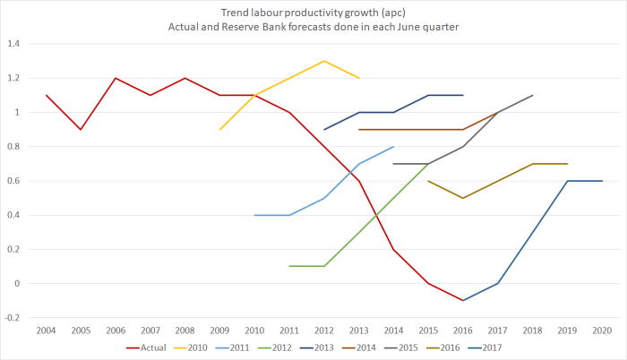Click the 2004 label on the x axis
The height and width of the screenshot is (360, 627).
[46, 330]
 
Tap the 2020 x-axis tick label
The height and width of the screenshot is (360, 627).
[603, 330]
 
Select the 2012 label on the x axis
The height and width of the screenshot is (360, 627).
[324, 330]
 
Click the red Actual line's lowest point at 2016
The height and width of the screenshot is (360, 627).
[463, 301]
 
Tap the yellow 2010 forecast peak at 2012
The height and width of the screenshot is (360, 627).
[324, 61]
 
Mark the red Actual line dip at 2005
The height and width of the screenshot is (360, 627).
[81, 130]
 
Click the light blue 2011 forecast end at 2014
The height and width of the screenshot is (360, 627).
[393, 147]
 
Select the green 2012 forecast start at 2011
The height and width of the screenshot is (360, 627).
[289, 266]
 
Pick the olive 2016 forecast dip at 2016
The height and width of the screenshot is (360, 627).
[463, 198]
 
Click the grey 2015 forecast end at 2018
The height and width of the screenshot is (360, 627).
[533, 95]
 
